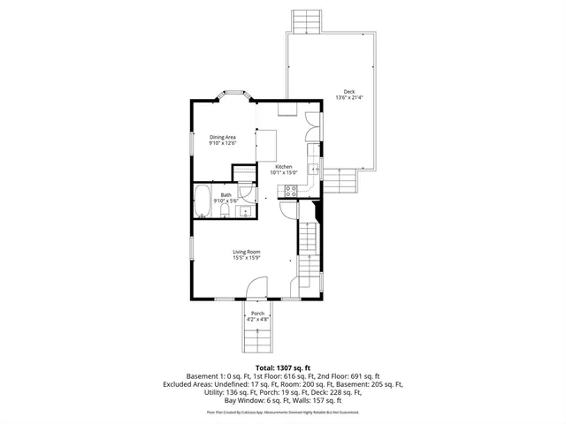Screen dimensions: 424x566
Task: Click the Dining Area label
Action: (x=223, y=137)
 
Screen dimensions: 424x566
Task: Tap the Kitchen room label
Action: (x=283, y=167)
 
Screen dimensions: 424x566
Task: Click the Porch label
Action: (x=257, y=314)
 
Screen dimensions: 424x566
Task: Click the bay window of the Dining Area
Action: (x=233, y=94)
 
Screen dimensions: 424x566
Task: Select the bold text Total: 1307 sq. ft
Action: (x=282, y=367)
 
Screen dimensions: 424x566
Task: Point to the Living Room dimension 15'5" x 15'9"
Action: (x=246, y=258)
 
